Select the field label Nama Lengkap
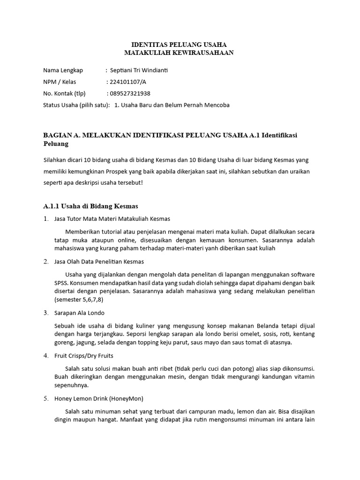pos(63,70)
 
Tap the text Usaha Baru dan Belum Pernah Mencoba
pos(175,105)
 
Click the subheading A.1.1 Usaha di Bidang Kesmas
pos(90,206)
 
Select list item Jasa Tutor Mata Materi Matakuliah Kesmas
pos(112,219)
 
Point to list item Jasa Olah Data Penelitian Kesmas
pos(99,261)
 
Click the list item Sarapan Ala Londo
pos(80,313)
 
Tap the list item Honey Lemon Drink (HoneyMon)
pos(99,398)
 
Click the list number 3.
pos(45,313)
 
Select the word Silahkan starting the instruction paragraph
pos(56,160)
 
